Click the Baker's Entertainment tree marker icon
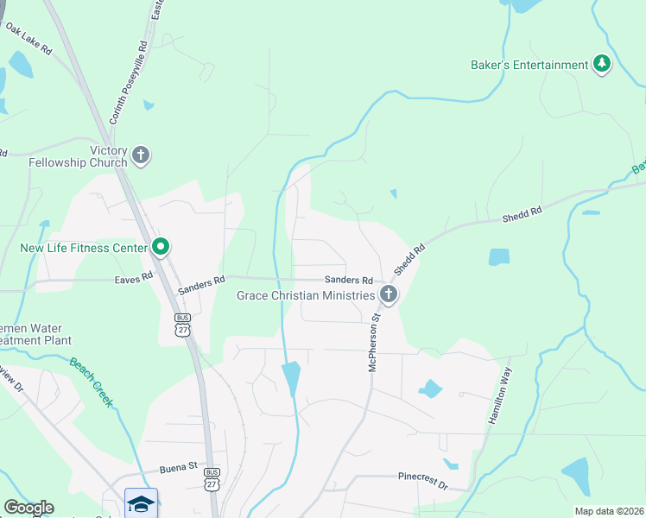click(602, 65)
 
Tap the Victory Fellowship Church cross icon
click(140, 156)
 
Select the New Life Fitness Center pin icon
click(161, 248)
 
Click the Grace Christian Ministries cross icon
click(389, 296)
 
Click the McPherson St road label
click(374, 343)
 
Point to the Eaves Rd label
click(133, 278)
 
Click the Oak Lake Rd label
click(28, 40)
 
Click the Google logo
click(28, 508)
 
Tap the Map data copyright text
click(608, 511)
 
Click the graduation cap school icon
click(141, 503)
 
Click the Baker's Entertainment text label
click(529, 65)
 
